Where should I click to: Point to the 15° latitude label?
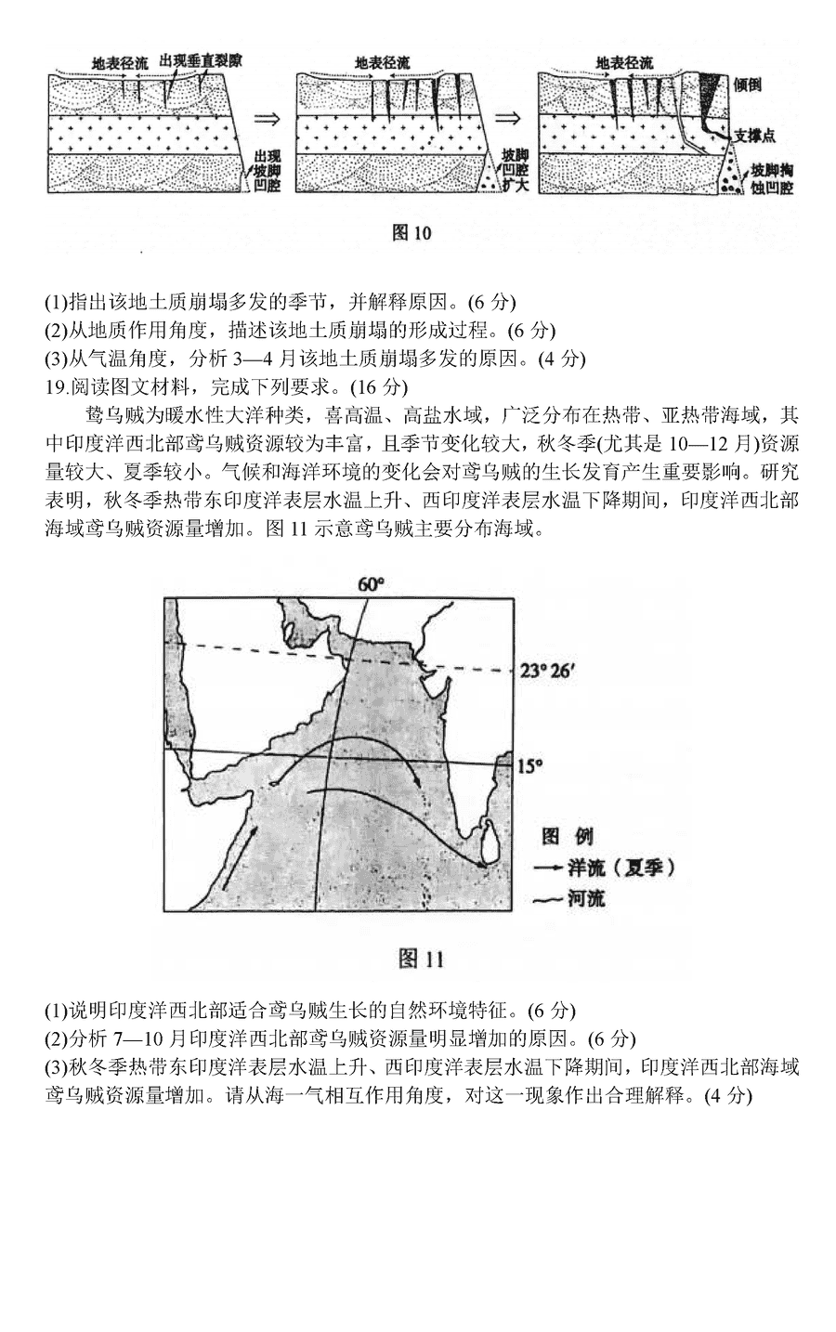coord(529,765)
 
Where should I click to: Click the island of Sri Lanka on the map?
coord(488,840)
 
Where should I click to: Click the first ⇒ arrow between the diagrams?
coord(268,119)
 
